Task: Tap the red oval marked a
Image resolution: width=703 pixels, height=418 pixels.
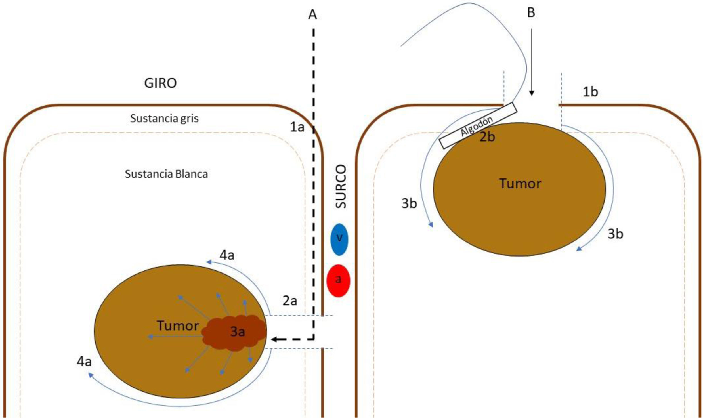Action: [x=338, y=281]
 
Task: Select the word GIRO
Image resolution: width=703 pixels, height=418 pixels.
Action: [x=160, y=83]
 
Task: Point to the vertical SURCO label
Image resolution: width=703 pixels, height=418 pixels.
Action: [x=341, y=186]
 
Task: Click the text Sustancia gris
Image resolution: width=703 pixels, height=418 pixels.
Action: [x=164, y=118]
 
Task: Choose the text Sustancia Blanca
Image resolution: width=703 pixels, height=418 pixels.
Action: [x=166, y=174]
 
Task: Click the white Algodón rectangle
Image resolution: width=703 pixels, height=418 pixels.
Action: [x=477, y=126]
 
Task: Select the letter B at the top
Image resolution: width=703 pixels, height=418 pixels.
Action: [x=531, y=13]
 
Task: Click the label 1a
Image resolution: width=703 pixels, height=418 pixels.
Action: [x=297, y=127]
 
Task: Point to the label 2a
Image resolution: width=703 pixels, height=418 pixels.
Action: [x=289, y=301]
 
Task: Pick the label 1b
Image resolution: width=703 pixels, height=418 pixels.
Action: [x=590, y=92]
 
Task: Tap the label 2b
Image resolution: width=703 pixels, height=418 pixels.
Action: [x=487, y=137]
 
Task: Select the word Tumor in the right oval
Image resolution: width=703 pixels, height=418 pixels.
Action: [x=520, y=184]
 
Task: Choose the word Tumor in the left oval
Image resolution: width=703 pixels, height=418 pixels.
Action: [x=178, y=325]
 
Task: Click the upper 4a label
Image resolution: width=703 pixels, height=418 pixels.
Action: [x=227, y=255]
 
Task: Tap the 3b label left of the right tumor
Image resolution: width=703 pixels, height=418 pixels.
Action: [x=409, y=203]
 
